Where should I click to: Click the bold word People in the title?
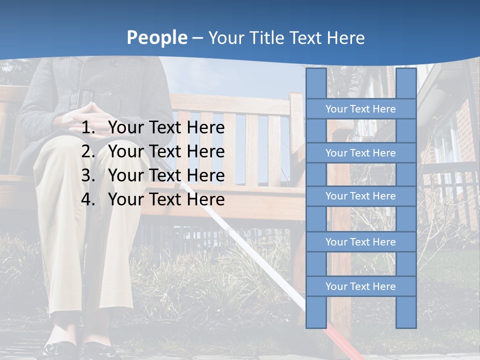click(157, 37)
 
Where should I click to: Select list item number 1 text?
click(166, 128)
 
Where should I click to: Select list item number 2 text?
click(166, 151)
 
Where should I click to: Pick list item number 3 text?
click(166, 175)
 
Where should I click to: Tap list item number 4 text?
click(166, 199)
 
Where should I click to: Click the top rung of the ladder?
click(360, 109)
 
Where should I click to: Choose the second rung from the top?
click(360, 153)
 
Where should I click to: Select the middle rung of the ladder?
click(360, 196)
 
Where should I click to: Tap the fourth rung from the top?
click(360, 242)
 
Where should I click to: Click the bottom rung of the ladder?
click(360, 286)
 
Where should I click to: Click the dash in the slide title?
click(197, 38)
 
